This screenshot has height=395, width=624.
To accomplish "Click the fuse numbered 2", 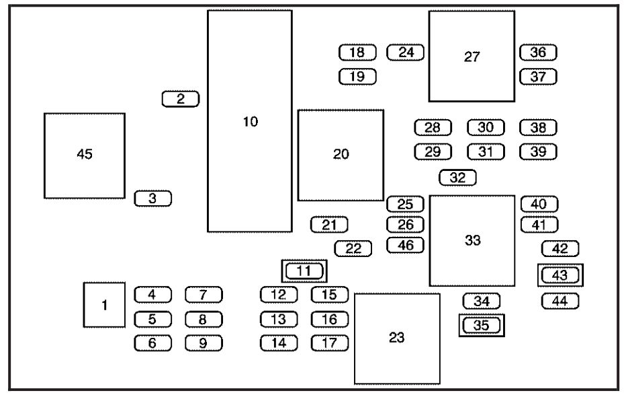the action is pos(180,99).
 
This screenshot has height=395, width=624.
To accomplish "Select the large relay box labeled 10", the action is pos(250,120).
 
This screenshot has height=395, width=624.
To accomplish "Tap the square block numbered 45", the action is pos(85,155).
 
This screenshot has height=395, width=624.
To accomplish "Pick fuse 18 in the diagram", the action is pos(357,52).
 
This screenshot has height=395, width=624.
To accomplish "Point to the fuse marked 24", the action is pos(406,52).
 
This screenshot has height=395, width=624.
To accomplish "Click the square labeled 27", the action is pos(472,57).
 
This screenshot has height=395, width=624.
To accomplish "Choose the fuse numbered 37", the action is pos(538,77).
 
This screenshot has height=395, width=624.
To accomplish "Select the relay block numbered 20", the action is pos(341,155).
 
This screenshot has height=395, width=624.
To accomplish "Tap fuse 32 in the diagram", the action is pos(457,178).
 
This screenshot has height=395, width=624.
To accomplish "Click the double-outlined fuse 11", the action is pos(304,271).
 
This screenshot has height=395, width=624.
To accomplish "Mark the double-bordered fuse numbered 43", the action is pos(560,275).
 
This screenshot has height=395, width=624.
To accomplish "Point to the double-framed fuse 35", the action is pos(482,325).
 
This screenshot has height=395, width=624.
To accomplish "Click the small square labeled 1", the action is pos(104,305).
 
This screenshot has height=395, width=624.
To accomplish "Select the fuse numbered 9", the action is pos(204,343).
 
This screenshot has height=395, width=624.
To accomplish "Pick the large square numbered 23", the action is pos(397,338).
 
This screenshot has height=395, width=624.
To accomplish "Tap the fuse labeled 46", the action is pos(406,245).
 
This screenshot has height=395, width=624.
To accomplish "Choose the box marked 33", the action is pos(472,241).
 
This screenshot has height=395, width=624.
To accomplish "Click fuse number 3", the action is pos(153,198).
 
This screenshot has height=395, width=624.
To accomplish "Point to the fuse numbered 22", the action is pos(353,249).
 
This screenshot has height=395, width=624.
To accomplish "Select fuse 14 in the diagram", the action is pos(279,343).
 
